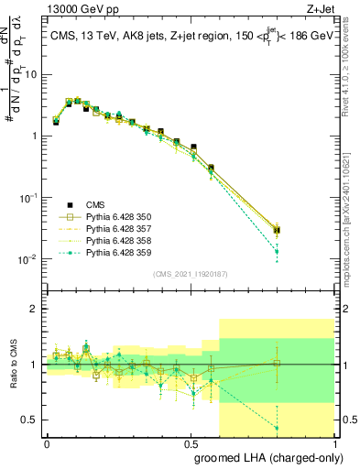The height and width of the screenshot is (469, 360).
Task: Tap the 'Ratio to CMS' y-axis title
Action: point(13,365)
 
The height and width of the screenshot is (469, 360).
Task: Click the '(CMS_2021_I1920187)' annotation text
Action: point(190,271)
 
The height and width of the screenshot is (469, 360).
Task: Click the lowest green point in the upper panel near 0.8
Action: point(277,251)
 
